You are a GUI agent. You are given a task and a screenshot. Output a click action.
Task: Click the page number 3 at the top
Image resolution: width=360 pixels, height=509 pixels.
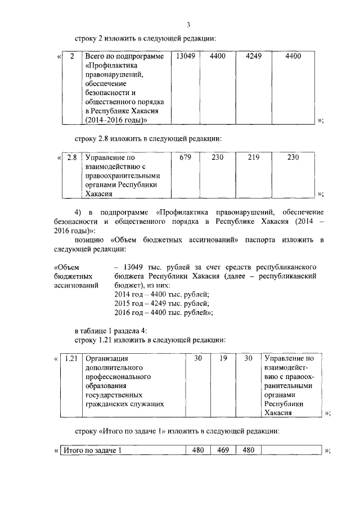(x=189, y=24)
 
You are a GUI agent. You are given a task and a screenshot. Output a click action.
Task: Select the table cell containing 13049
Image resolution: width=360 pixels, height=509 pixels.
(x=185, y=56)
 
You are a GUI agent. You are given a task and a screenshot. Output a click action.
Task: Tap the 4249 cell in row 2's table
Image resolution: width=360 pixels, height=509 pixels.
(x=253, y=56)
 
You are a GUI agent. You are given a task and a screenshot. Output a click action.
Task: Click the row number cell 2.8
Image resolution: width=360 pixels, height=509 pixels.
(x=71, y=157)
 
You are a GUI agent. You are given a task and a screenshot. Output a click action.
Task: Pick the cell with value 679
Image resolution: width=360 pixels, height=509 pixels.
(x=185, y=157)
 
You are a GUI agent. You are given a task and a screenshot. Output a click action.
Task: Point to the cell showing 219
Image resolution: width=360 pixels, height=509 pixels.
(x=253, y=157)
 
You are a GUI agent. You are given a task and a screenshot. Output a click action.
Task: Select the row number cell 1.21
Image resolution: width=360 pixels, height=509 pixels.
(x=71, y=358)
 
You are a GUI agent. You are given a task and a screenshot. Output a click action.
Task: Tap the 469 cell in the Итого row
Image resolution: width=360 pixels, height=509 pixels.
(x=223, y=451)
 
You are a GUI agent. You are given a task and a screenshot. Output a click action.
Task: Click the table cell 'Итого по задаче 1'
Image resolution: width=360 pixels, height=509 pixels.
(x=92, y=451)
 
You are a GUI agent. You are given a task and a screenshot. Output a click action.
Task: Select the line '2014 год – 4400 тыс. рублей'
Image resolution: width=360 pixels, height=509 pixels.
(x=161, y=295)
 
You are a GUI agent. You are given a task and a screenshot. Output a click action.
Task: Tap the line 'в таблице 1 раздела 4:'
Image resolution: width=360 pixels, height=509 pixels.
(x=111, y=330)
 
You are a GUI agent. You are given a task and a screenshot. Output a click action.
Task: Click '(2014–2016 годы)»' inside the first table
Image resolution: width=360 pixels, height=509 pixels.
(x=116, y=120)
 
